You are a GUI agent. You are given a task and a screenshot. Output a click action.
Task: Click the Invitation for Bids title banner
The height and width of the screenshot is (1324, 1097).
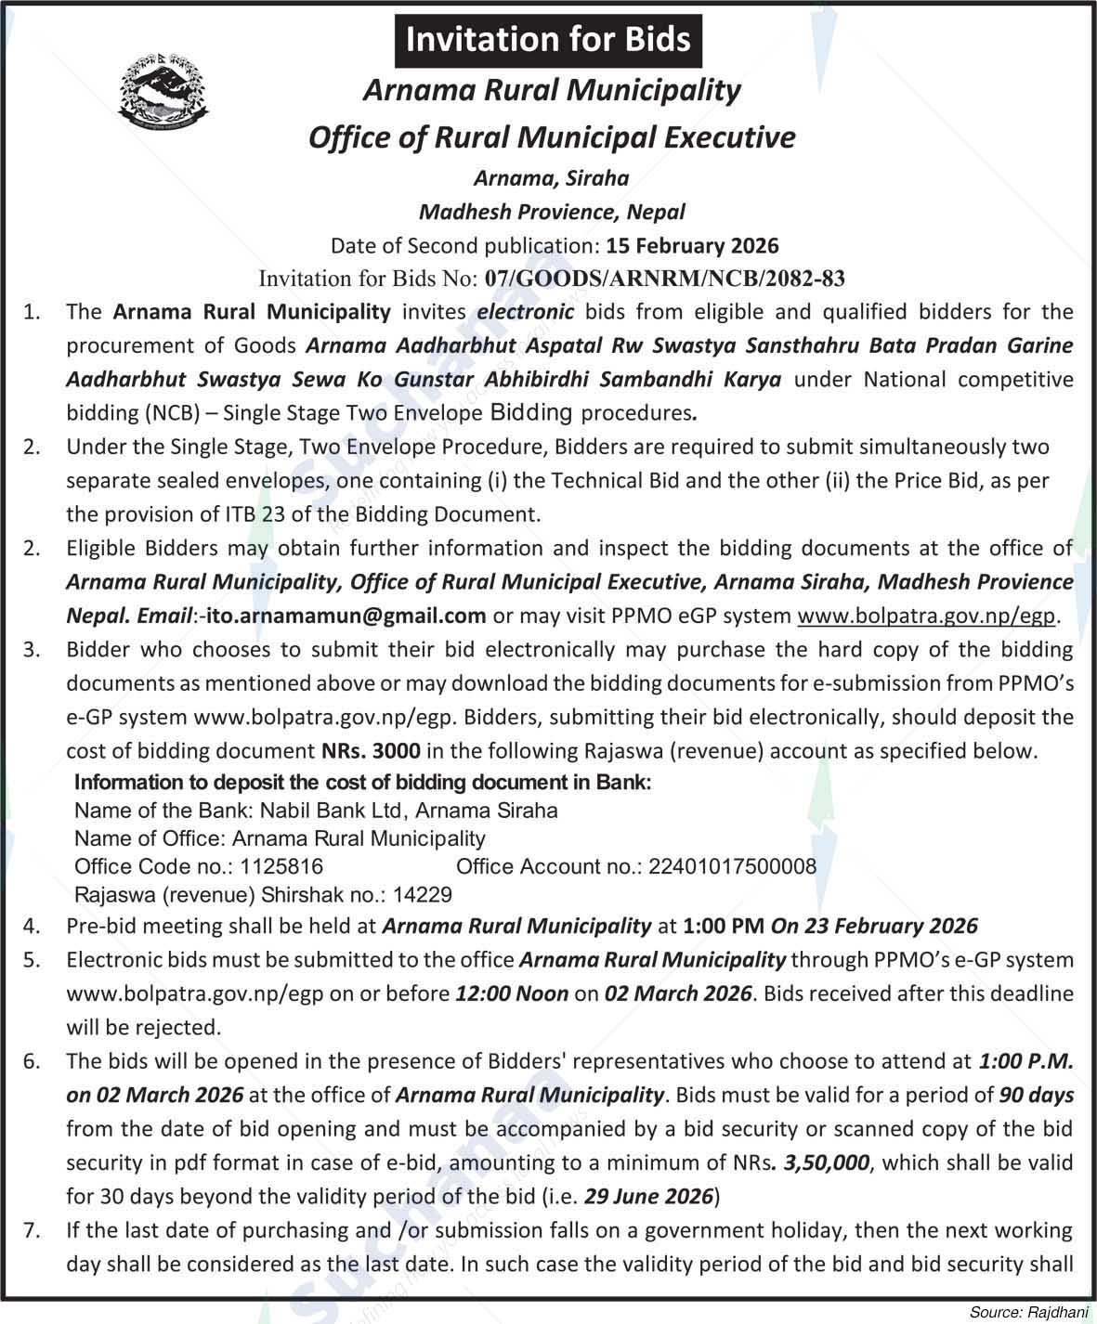(548, 40)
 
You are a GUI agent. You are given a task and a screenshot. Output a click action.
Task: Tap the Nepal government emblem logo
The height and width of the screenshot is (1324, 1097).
(163, 93)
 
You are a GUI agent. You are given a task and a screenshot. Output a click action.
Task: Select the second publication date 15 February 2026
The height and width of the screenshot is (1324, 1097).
(692, 246)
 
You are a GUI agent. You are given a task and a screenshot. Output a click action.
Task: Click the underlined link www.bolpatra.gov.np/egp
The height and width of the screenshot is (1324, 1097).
(928, 616)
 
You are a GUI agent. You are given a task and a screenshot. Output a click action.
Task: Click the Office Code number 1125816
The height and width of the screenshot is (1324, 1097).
(281, 867)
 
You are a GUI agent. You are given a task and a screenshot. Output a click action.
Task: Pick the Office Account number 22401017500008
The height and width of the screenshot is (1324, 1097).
(732, 867)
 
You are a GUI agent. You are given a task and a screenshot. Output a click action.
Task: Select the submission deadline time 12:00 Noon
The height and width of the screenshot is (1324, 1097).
(511, 993)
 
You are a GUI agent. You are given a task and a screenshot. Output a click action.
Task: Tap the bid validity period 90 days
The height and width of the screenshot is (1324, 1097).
(1037, 1095)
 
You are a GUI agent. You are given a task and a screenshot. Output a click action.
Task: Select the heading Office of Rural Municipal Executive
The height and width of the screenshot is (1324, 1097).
(552, 137)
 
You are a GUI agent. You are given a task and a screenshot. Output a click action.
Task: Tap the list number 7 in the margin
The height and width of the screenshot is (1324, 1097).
(33, 1231)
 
